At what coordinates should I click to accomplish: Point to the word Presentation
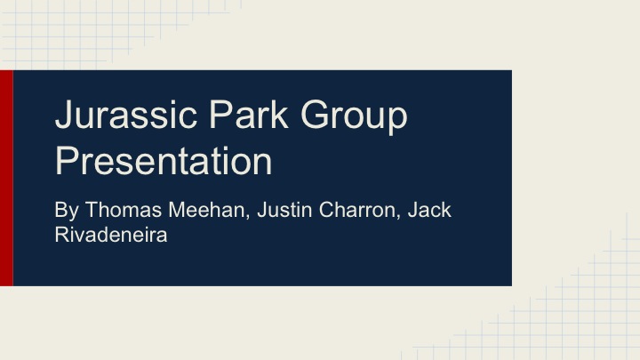(x=163, y=163)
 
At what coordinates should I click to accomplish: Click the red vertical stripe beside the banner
(x=6, y=178)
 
